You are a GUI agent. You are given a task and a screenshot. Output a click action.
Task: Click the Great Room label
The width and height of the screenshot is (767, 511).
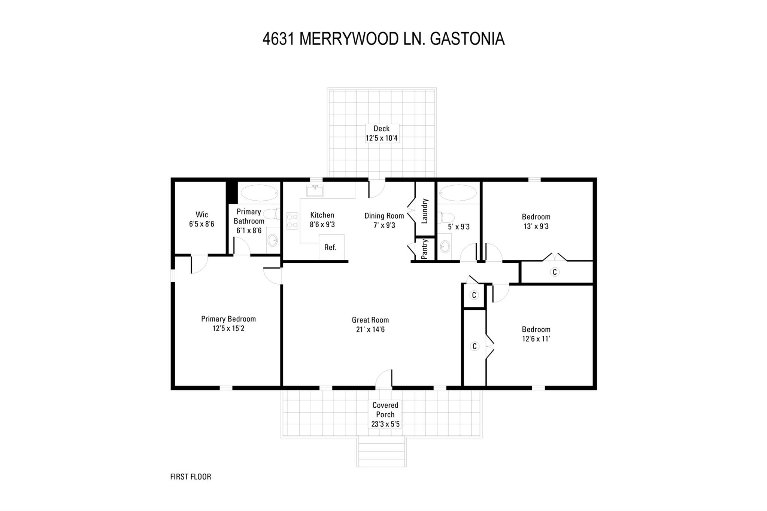pos(370,320)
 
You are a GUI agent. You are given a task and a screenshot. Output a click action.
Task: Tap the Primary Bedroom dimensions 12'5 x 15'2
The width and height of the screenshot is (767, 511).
pos(228,329)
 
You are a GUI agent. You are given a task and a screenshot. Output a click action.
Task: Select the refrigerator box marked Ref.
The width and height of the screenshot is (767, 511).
pos(331,247)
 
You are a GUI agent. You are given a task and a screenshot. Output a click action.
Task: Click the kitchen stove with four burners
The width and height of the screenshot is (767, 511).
pos(292,220)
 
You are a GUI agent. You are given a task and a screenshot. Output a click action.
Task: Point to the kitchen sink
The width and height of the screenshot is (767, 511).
pos(315,191)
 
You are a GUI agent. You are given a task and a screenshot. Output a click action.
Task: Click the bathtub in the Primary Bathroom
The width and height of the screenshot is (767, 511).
pos(260,193)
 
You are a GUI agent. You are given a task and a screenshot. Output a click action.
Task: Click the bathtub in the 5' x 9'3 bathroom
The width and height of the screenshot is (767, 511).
pos(458,193)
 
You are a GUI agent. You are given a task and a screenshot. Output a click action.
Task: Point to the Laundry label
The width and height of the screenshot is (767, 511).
pos(425,211)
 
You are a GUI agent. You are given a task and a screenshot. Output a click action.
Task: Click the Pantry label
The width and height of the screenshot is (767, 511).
pos(424,249)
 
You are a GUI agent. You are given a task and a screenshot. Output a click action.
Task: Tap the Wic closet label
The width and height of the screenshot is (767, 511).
pos(201,215)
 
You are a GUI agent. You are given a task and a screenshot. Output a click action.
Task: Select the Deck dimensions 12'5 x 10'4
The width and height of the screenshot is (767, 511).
pos(382,138)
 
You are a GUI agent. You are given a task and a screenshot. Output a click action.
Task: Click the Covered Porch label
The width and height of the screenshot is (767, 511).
pos(385,410)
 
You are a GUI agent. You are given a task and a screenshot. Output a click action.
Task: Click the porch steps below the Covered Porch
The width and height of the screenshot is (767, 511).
pos(381,452)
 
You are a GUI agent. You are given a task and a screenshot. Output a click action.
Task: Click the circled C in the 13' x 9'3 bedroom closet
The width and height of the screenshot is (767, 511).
pos(555,272)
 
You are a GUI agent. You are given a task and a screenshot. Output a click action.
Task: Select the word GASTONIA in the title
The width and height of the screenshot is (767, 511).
pos(467,39)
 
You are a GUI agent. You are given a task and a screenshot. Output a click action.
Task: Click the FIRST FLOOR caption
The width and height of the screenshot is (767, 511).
pos(191,477)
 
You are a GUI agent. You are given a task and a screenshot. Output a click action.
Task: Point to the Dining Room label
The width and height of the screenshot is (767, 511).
pos(384,216)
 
